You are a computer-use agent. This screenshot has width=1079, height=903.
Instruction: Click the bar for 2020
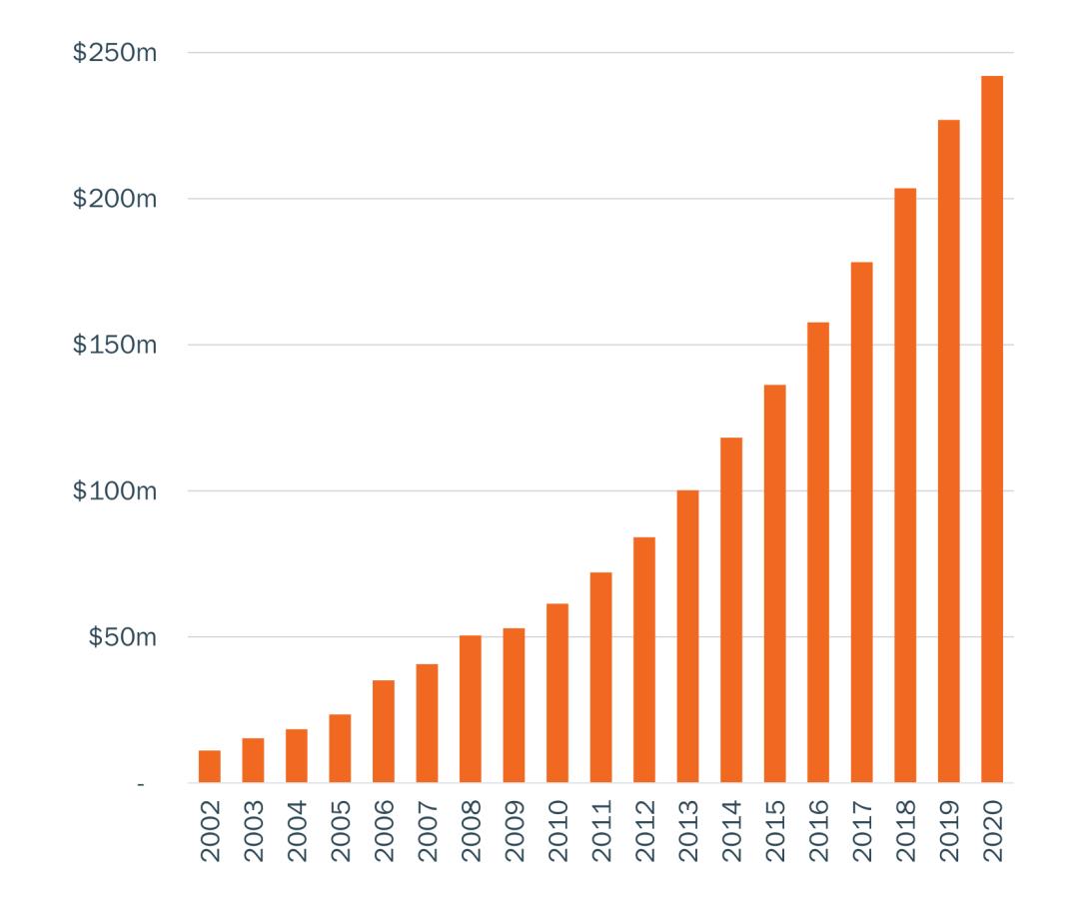tap(992, 430)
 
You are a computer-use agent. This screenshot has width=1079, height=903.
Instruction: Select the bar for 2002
tap(210, 766)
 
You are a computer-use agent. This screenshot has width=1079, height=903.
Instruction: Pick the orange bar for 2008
tap(471, 709)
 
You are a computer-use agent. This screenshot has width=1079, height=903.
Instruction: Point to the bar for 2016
tap(818, 552)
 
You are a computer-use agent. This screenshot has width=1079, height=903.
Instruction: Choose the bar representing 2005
tap(340, 748)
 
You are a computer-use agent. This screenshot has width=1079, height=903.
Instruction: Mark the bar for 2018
tap(905, 485)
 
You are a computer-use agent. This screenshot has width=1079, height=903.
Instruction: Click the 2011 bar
tap(600, 677)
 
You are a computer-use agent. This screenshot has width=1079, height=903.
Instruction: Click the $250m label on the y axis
tap(115, 53)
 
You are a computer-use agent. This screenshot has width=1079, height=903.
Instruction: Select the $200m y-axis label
tap(115, 199)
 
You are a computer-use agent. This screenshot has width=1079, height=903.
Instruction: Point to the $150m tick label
tap(115, 346)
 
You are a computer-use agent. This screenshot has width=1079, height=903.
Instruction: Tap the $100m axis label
tap(115, 491)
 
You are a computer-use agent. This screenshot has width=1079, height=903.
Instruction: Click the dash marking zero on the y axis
tap(141, 784)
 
